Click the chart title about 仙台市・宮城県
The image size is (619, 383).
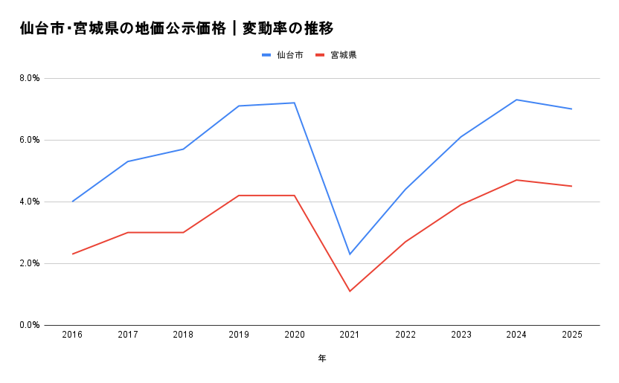[x=177, y=28]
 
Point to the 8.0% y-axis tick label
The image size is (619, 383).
[x=30, y=78]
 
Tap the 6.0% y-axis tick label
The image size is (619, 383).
[x=30, y=140]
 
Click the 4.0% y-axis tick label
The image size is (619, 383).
[x=30, y=202]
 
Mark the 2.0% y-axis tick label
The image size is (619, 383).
[x=30, y=263]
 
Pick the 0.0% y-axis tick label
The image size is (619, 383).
[x=30, y=325]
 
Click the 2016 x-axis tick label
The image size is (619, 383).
[x=72, y=335]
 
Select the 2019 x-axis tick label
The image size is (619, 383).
[x=239, y=335]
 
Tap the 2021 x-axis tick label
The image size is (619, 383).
[x=350, y=335]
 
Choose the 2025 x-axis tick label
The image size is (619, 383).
[x=571, y=335]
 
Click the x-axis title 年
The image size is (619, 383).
[x=322, y=358]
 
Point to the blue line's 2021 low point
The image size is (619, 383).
[x=350, y=254]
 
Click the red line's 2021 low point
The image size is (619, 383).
[x=350, y=291]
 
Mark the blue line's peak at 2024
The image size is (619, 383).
[x=516, y=100]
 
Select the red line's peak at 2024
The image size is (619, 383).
[x=516, y=180]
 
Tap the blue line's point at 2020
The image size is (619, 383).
[x=295, y=103]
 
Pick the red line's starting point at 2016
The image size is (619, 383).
[x=72, y=254]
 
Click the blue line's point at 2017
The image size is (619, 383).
[x=128, y=161]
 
